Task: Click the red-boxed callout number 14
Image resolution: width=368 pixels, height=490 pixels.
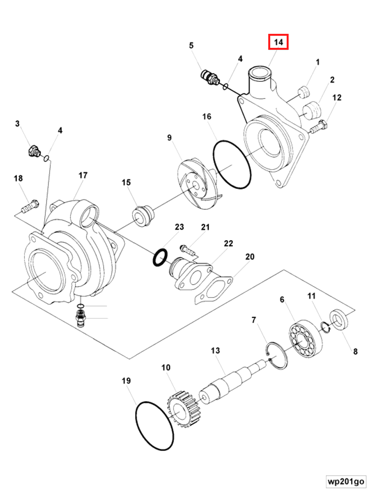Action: coord(278,42)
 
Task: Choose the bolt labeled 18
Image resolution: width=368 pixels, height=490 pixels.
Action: coord(30,207)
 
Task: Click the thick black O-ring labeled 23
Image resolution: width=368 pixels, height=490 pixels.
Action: coord(160,258)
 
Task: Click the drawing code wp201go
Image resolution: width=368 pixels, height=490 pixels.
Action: coord(346,481)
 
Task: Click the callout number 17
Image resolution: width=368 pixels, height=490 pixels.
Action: coord(83,175)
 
